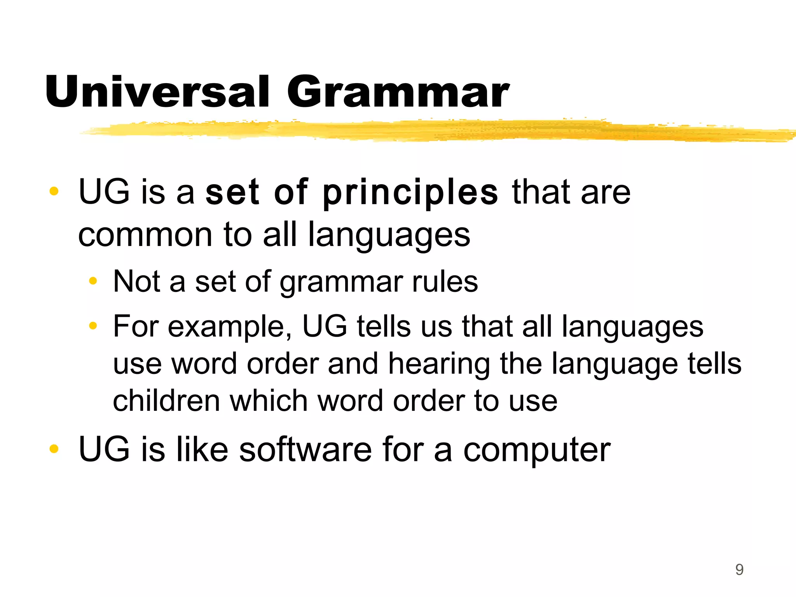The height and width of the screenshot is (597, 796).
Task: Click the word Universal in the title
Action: click(157, 92)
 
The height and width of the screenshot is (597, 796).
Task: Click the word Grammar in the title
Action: click(398, 92)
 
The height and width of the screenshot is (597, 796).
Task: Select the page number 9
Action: click(739, 570)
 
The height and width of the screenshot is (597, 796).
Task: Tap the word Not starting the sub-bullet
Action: click(136, 281)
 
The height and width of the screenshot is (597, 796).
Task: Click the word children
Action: click(166, 401)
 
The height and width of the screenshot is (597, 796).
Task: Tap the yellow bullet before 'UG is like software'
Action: click(54, 449)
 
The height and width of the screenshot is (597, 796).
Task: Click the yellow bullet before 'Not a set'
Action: click(93, 281)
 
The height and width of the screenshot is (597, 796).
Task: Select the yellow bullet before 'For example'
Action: click(93, 326)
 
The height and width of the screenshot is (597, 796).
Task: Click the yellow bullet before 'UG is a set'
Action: click(54, 191)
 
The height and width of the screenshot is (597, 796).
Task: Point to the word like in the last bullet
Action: click(202, 449)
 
